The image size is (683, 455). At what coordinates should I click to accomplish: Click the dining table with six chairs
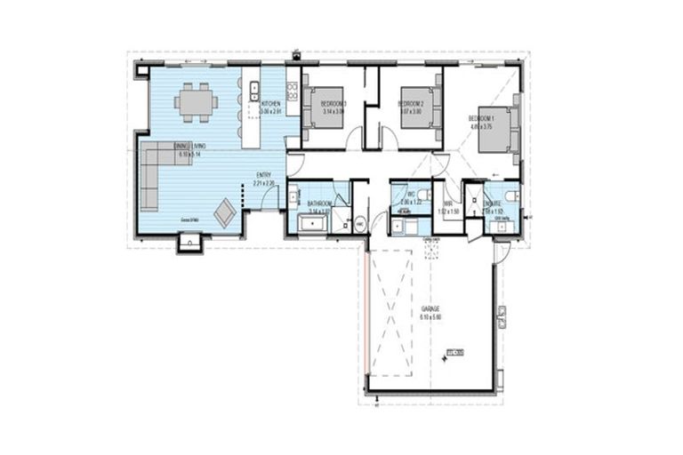pyautogui.click(x=196, y=102)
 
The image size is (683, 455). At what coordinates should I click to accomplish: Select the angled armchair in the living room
pyautogui.click(x=225, y=212)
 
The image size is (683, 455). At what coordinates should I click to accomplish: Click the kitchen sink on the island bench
pyautogui.click(x=253, y=89)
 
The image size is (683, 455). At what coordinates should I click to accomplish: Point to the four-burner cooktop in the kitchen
pyautogui.click(x=291, y=90)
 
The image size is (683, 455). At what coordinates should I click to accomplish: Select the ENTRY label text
pyautogui.click(x=264, y=175)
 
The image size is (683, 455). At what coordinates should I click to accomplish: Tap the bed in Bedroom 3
pyautogui.click(x=330, y=108)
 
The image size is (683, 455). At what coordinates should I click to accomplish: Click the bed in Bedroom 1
pyautogui.click(x=495, y=130)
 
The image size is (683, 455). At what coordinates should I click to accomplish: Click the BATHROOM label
pyautogui.click(x=319, y=204)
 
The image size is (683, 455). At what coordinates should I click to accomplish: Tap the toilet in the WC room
pyautogui.click(x=424, y=194)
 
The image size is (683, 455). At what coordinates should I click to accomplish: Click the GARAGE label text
pyautogui.click(x=431, y=309)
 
